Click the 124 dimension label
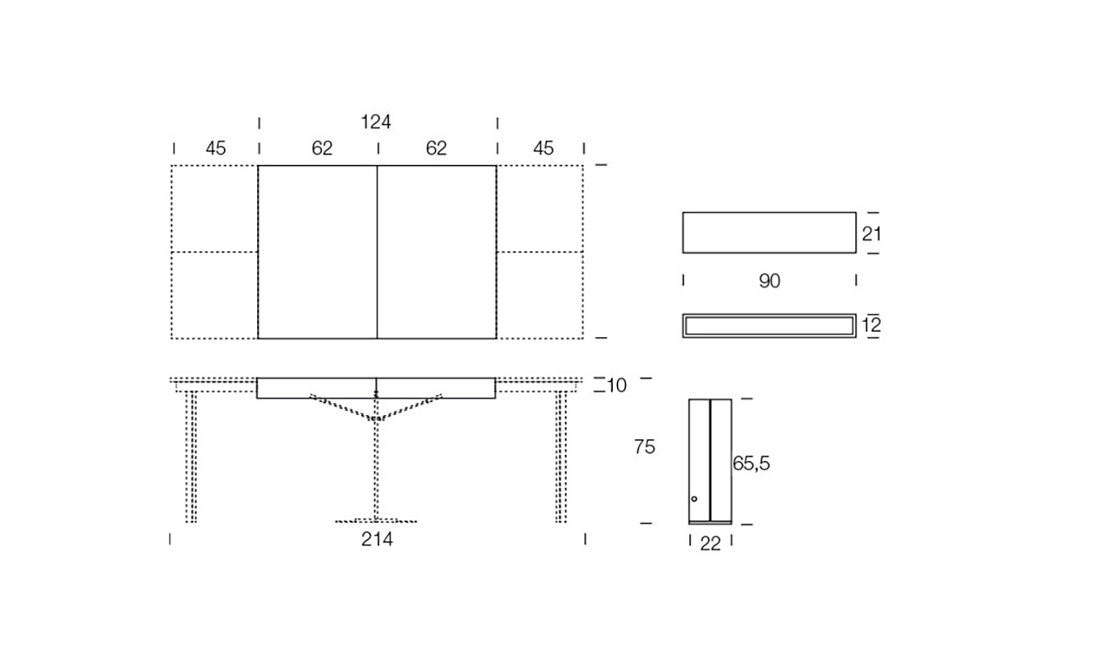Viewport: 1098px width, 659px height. [376, 122]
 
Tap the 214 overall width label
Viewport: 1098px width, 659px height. [377, 540]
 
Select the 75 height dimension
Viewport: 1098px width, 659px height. [645, 446]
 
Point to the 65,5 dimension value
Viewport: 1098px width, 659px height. [751, 463]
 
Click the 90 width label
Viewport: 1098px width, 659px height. [769, 281]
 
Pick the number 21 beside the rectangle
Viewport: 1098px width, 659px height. [871, 234]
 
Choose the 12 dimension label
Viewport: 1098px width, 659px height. [871, 325]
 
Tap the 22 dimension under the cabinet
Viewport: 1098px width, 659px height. [710, 544]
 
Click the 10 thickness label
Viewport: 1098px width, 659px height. [616, 386]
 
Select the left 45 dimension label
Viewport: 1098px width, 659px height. [216, 148]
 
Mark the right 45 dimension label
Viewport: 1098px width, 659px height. [543, 148]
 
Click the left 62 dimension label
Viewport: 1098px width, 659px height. [322, 148]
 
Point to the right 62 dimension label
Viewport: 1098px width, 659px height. [437, 148]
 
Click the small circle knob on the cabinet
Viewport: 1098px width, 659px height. [694, 499]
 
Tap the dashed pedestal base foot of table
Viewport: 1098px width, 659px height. [376, 521]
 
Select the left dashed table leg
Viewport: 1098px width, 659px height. [191, 457]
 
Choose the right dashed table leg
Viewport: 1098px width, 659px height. [561, 457]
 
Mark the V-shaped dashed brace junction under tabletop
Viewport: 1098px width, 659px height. [376, 418]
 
